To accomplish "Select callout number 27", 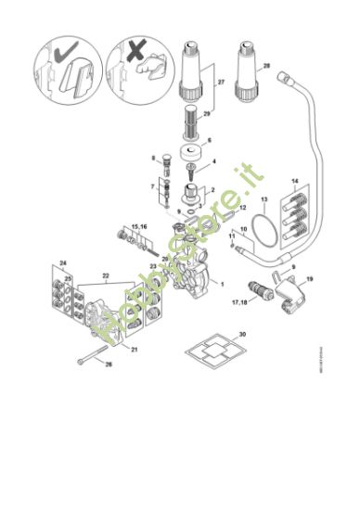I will (221, 83).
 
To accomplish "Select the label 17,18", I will (239, 303).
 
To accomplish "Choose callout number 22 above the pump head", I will (106, 276).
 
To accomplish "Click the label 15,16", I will (138, 227).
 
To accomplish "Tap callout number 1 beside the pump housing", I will (221, 282).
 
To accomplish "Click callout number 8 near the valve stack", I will (154, 159).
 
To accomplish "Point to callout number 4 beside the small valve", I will (215, 162).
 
